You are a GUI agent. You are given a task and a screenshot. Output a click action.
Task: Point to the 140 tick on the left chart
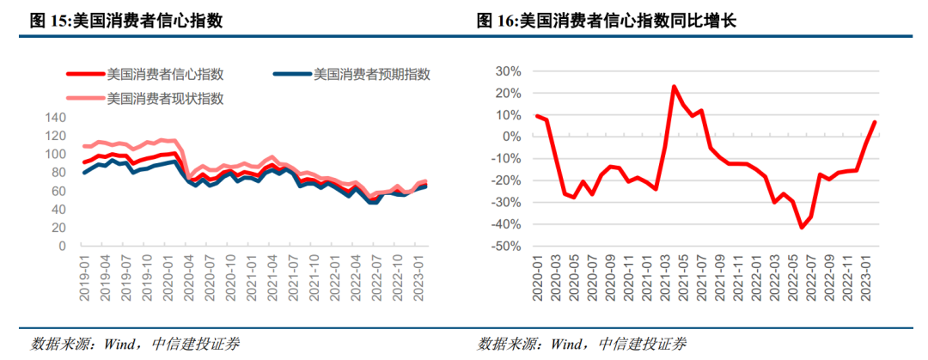[x=54, y=118]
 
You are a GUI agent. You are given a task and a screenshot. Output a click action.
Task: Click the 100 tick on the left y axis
[x=54, y=155]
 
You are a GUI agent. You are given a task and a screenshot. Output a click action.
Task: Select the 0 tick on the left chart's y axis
[x=61, y=246]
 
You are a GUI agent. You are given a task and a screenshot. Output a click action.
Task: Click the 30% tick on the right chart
[x=508, y=71]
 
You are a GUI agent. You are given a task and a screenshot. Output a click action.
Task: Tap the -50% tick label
[x=505, y=247]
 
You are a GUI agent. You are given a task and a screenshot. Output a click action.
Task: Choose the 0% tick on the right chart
[x=510, y=137]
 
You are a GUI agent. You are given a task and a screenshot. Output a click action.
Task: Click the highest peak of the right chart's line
[x=675, y=87]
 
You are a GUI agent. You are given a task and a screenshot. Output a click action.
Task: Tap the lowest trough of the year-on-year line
[x=802, y=228]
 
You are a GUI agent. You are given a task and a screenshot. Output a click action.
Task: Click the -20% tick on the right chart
[x=505, y=180]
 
